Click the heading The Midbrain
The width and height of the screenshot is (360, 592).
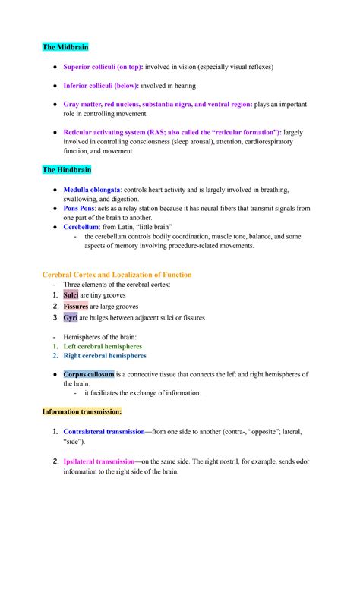(65, 47)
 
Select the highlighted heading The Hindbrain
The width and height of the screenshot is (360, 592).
(67, 169)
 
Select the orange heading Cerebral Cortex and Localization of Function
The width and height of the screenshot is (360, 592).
(117, 275)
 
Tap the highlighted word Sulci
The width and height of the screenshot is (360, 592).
(71, 295)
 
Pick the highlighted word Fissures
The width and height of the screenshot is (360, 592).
(76, 307)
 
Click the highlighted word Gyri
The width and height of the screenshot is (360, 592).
(70, 318)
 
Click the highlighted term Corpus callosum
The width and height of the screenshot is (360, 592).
(89, 374)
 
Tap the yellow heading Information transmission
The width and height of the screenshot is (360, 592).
(81, 411)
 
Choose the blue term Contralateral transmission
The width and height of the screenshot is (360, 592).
(103, 431)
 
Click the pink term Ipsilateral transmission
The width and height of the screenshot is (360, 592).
(99, 461)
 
